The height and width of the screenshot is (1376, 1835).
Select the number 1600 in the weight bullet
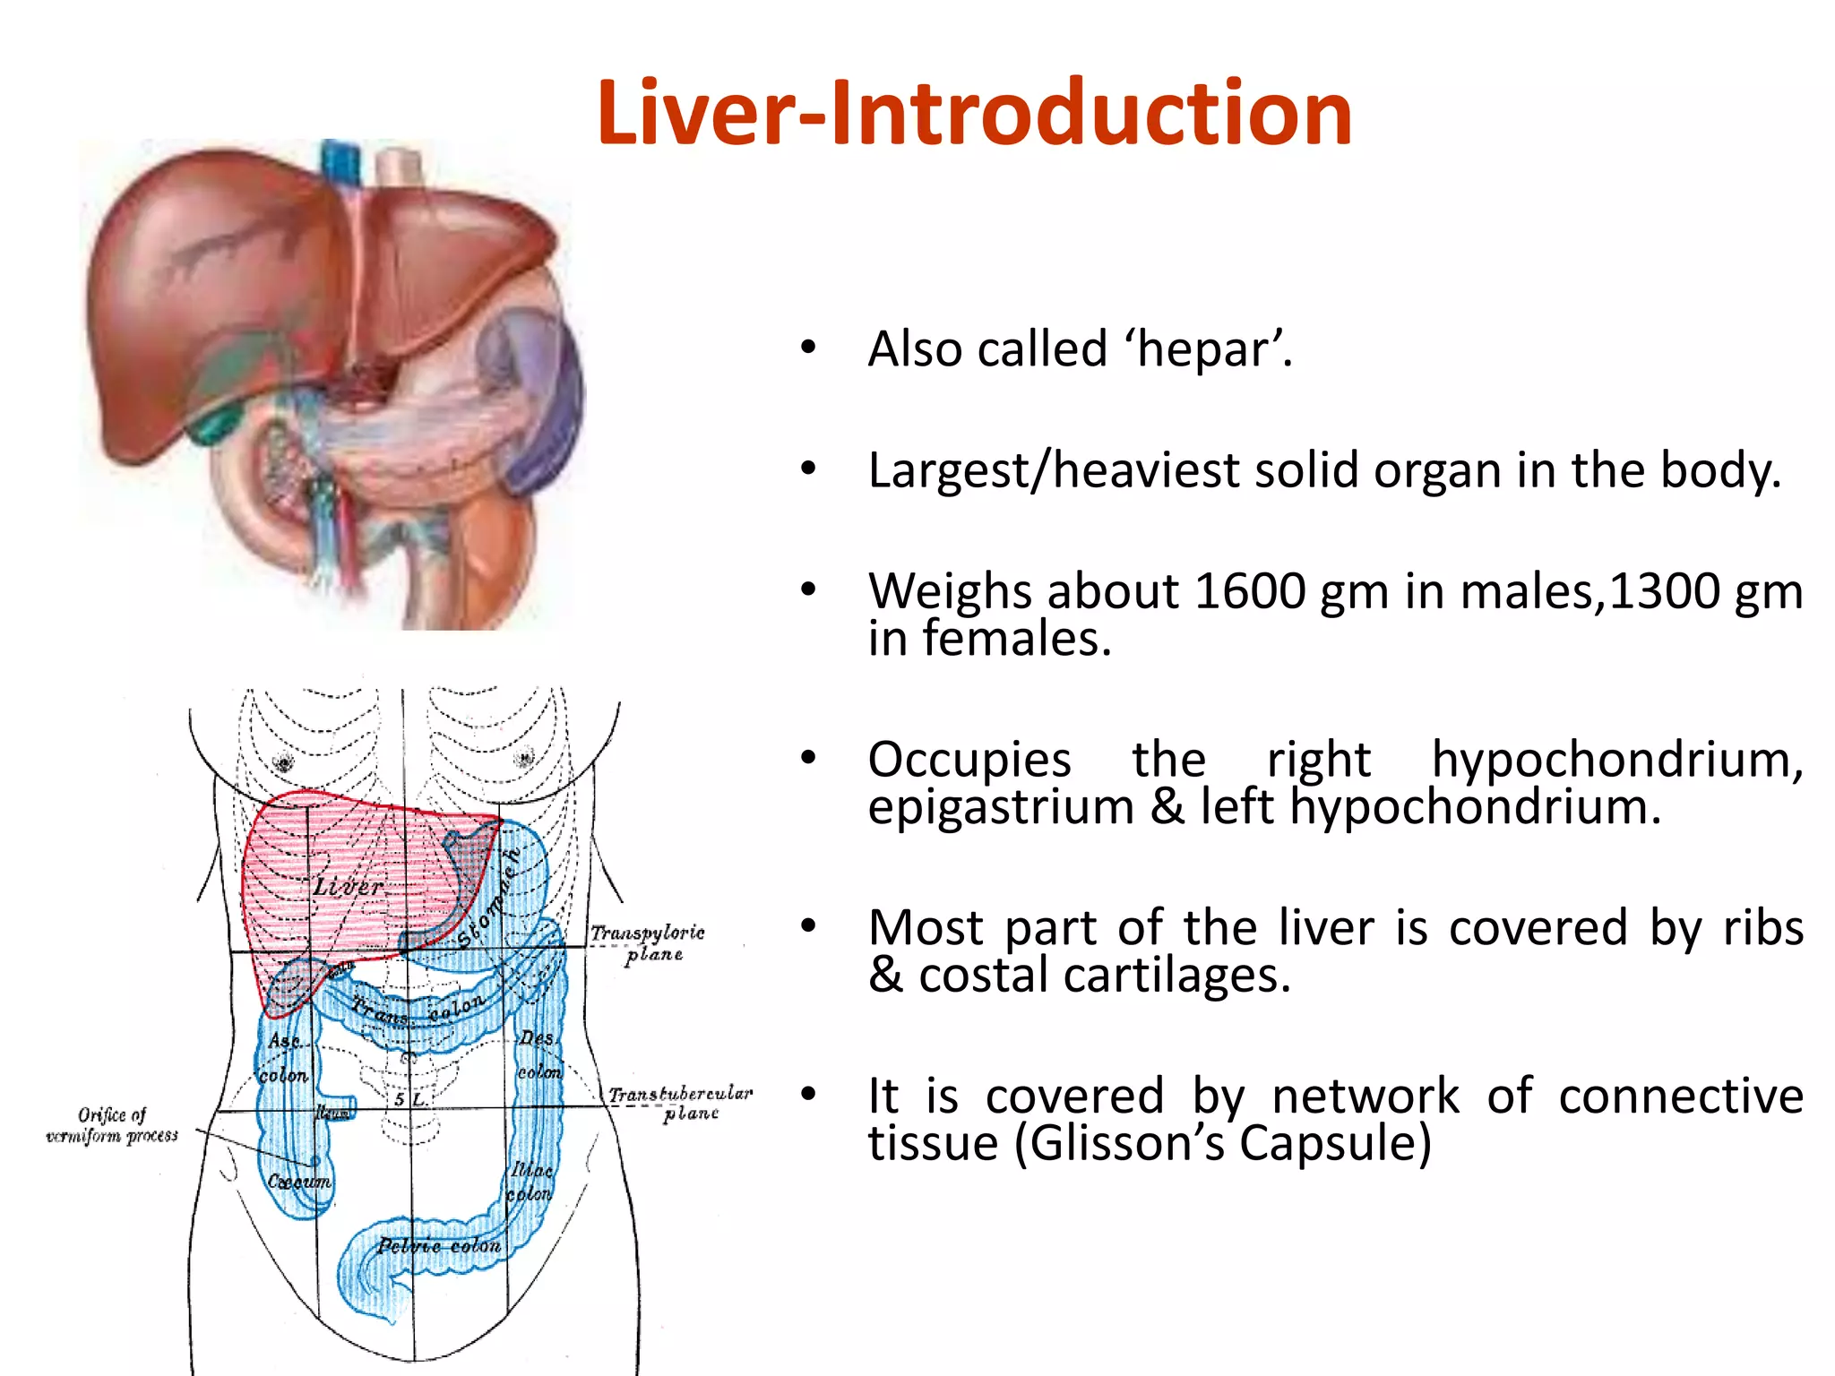pos(1248,592)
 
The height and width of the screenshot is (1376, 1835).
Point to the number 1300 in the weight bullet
pos(1666,592)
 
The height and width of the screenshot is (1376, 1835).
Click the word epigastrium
pos(1001,807)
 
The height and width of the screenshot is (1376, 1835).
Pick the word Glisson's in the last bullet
pos(1128,1144)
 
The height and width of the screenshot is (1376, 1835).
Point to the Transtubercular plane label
pos(681,1103)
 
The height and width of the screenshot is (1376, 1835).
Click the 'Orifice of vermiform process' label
pos(112,1125)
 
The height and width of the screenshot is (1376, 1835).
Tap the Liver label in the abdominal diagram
pos(348,888)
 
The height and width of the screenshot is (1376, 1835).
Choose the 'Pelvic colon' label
pos(439,1246)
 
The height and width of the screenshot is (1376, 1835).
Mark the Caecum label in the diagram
pos(299,1182)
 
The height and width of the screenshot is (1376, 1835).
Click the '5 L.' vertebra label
pos(410,1098)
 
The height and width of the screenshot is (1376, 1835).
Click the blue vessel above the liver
pos(340,161)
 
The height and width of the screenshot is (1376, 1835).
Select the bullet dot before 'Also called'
pos(808,347)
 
